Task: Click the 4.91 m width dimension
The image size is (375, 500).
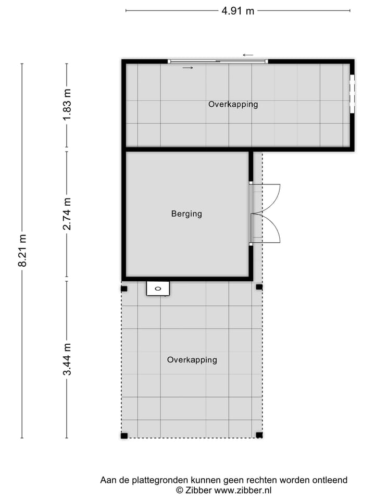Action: [x=238, y=10]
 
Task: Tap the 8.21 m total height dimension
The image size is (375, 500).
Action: [x=22, y=251]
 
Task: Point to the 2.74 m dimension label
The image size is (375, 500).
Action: [x=67, y=214]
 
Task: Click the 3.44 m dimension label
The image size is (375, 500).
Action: [x=67, y=359]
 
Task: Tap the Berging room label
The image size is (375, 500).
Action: [x=186, y=214]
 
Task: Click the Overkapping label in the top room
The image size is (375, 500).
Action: [x=233, y=104]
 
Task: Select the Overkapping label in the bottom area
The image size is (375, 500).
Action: [x=192, y=360]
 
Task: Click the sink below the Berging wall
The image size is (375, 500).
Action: [x=158, y=288]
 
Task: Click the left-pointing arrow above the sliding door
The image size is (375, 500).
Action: [x=248, y=55]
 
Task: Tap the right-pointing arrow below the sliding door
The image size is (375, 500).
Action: [x=187, y=68]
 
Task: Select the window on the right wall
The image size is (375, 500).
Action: [x=352, y=94]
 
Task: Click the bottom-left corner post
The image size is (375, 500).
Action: [x=124, y=435]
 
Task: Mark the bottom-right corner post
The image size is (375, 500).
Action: [x=259, y=435]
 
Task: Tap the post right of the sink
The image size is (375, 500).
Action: [x=259, y=287]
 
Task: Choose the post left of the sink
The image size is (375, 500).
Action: [x=124, y=289]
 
